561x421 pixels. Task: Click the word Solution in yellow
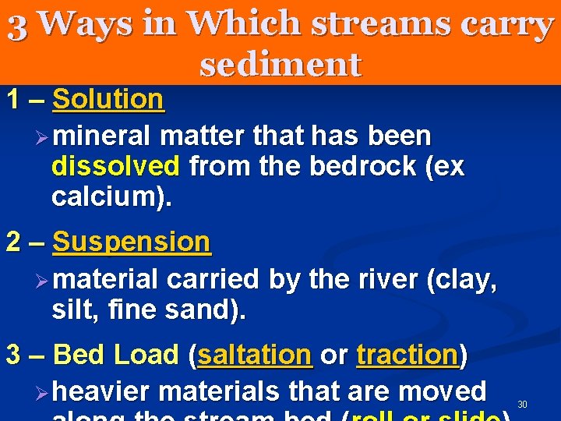tap(108, 100)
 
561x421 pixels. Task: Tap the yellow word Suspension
tap(131, 242)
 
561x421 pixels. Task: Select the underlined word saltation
tap(255, 355)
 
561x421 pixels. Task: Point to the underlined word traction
tap(408, 355)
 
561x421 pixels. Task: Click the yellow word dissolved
tap(115, 166)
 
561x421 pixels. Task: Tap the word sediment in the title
tap(280, 64)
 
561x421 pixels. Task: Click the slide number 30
tap(522, 403)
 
